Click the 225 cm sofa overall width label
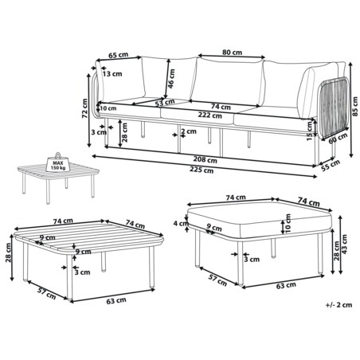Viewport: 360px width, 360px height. tap(202, 170)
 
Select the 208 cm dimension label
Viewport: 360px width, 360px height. tap(205, 160)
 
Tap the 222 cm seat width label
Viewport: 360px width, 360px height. tap(209, 115)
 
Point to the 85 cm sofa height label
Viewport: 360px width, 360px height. tap(355, 107)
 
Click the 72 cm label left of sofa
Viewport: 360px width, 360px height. tap(84, 108)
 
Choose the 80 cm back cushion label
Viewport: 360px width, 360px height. tap(232, 53)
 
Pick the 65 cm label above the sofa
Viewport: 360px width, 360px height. tap(119, 55)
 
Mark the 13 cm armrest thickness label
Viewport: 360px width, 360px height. tap(112, 74)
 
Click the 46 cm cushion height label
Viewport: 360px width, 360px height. tap(171, 79)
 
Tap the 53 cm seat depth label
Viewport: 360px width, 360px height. tap(165, 103)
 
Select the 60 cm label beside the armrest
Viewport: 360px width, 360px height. tap(338, 139)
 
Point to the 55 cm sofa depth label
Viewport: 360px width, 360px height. tap(331, 166)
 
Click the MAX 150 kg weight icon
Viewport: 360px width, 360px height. tap(58, 162)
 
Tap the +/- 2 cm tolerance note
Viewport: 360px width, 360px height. tap(338, 305)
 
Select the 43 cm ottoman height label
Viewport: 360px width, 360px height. tap(345, 244)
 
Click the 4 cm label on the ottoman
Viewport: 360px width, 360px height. tap(181, 223)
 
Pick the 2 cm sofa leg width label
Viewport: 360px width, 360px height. tap(189, 131)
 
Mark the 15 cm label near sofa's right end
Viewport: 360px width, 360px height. tap(310, 131)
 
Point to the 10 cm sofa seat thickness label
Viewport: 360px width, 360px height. tap(108, 108)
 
